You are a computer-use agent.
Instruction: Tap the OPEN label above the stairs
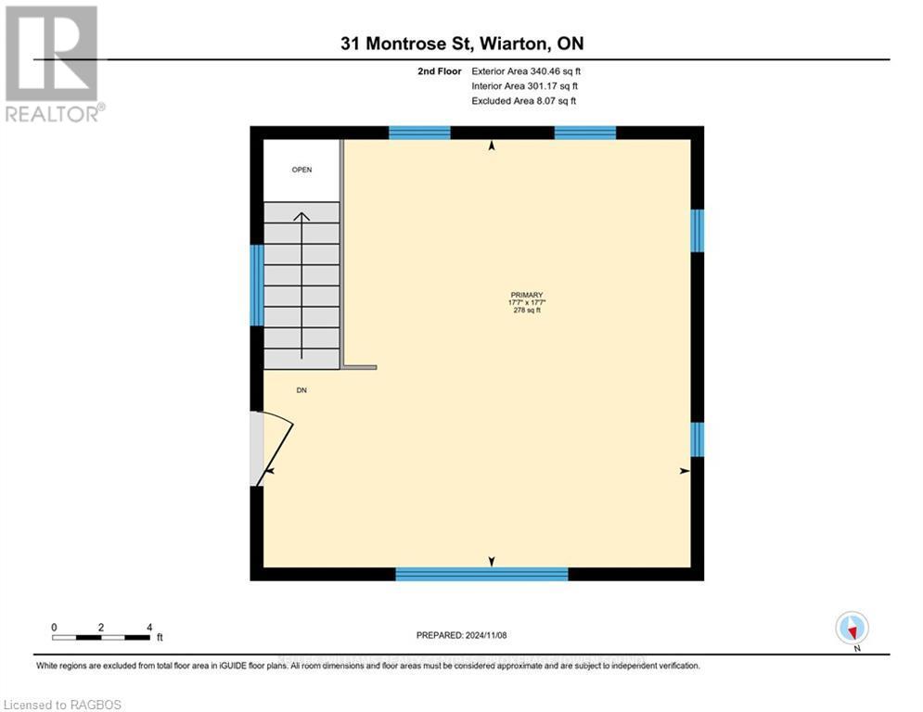[x=301, y=170]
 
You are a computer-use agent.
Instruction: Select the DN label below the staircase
[x=301, y=390]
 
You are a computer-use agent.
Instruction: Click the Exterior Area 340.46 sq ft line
[x=526, y=70]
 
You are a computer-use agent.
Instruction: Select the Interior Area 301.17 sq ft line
[x=526, y=85]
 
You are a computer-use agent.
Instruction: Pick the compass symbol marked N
[x=851, y=628]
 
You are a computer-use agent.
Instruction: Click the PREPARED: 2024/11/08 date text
[x=462, y=635]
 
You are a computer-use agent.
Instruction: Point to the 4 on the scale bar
[x=149, y=627]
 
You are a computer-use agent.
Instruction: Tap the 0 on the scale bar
[x=55, y=627]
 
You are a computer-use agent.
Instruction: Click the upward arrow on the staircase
[x=301, y=278]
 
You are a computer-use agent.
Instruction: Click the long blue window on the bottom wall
[x=481, y=574]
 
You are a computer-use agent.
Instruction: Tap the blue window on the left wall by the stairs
[x=257, y=285]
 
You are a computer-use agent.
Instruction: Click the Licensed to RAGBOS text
[x=63, y=705]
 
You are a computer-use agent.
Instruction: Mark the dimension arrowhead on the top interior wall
[x=492, y=146]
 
